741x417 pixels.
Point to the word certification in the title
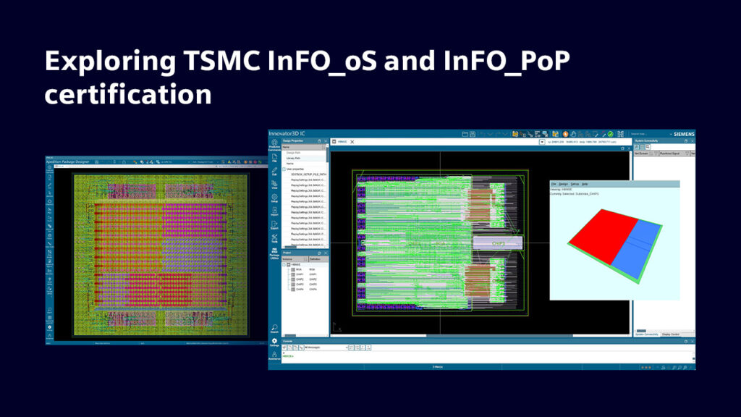(x=128, y=94)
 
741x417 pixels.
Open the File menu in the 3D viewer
(x=554, y=184)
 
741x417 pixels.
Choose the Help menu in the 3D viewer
(x=585, y=184)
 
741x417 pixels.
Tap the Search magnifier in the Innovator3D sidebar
(x=274, y=327)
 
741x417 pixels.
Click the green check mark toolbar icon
(x=611, y=134)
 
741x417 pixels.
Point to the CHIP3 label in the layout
(x=498, y=244)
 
